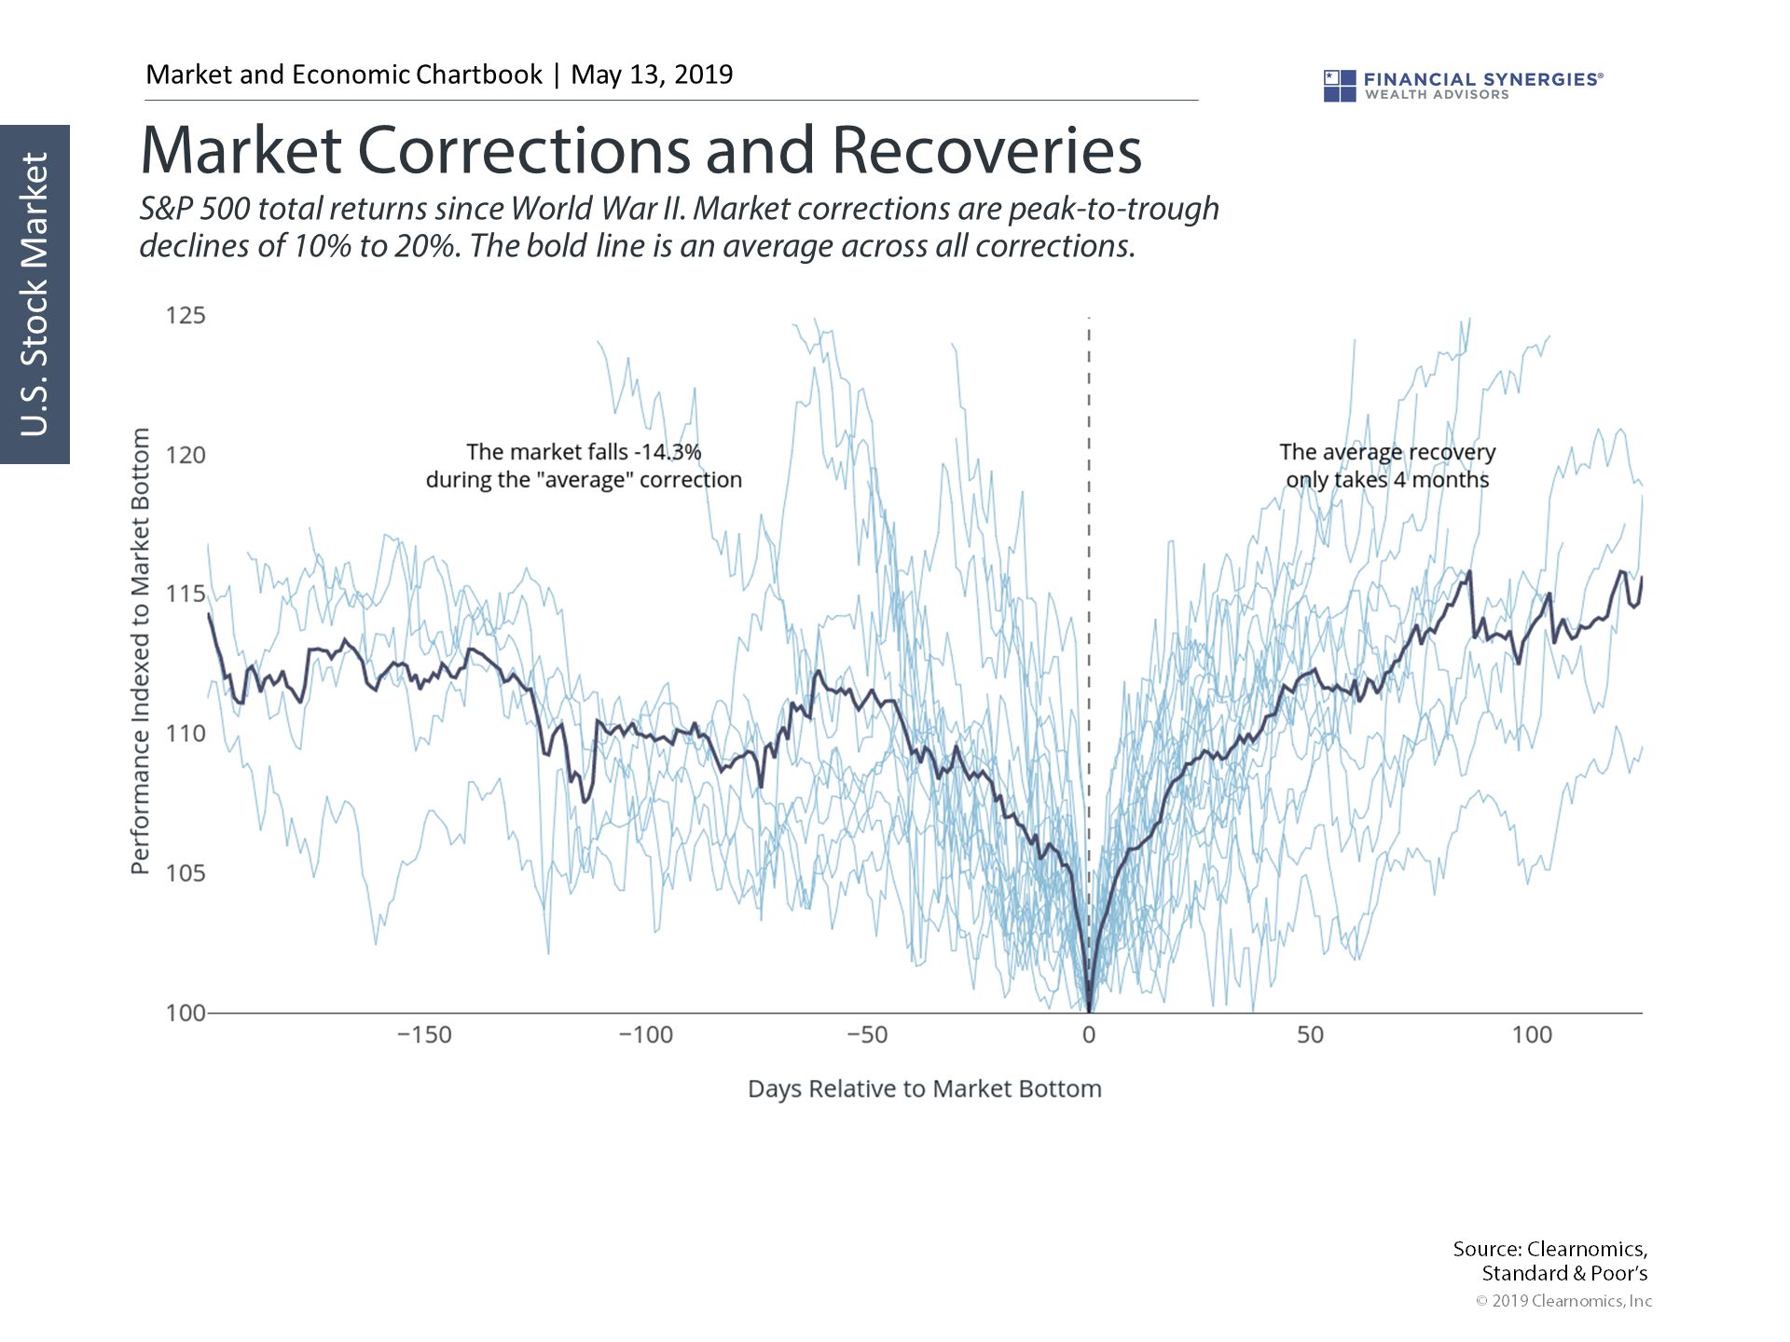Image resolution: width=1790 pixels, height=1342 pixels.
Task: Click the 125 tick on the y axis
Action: (186, 315)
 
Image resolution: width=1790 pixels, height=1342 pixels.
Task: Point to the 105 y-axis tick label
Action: (186, 873)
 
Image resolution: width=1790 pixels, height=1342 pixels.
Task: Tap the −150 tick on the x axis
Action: (424, 1035)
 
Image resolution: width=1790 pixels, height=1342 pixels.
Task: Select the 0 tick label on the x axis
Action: (1089, 1035)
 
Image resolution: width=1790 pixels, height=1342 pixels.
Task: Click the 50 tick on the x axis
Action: (1310, 1035)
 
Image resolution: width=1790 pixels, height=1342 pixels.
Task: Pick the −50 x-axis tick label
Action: (867, 1035)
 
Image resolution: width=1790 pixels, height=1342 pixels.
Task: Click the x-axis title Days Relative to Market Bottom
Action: (924, 1089)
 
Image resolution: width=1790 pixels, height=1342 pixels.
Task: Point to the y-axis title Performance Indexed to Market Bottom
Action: (140, 651)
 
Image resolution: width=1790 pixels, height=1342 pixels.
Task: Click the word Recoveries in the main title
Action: (986, 151)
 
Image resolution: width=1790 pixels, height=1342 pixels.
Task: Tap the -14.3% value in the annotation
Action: (668, 452)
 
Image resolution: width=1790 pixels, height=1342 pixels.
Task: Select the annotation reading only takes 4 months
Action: (1387, 480)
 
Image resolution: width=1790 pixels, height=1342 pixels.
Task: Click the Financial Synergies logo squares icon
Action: (1340, 86)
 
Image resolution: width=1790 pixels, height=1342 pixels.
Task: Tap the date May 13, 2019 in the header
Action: (652, 75)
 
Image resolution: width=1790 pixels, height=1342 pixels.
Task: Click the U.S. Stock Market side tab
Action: (34, 294)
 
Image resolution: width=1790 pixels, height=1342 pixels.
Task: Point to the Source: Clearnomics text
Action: (1549, 1249)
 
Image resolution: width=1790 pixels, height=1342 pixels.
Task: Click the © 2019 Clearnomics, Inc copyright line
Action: (1563, 1301)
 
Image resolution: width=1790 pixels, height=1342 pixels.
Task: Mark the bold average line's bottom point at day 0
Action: (1089, 1009)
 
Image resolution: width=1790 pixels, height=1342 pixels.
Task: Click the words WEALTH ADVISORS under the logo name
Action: (1437, 95)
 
